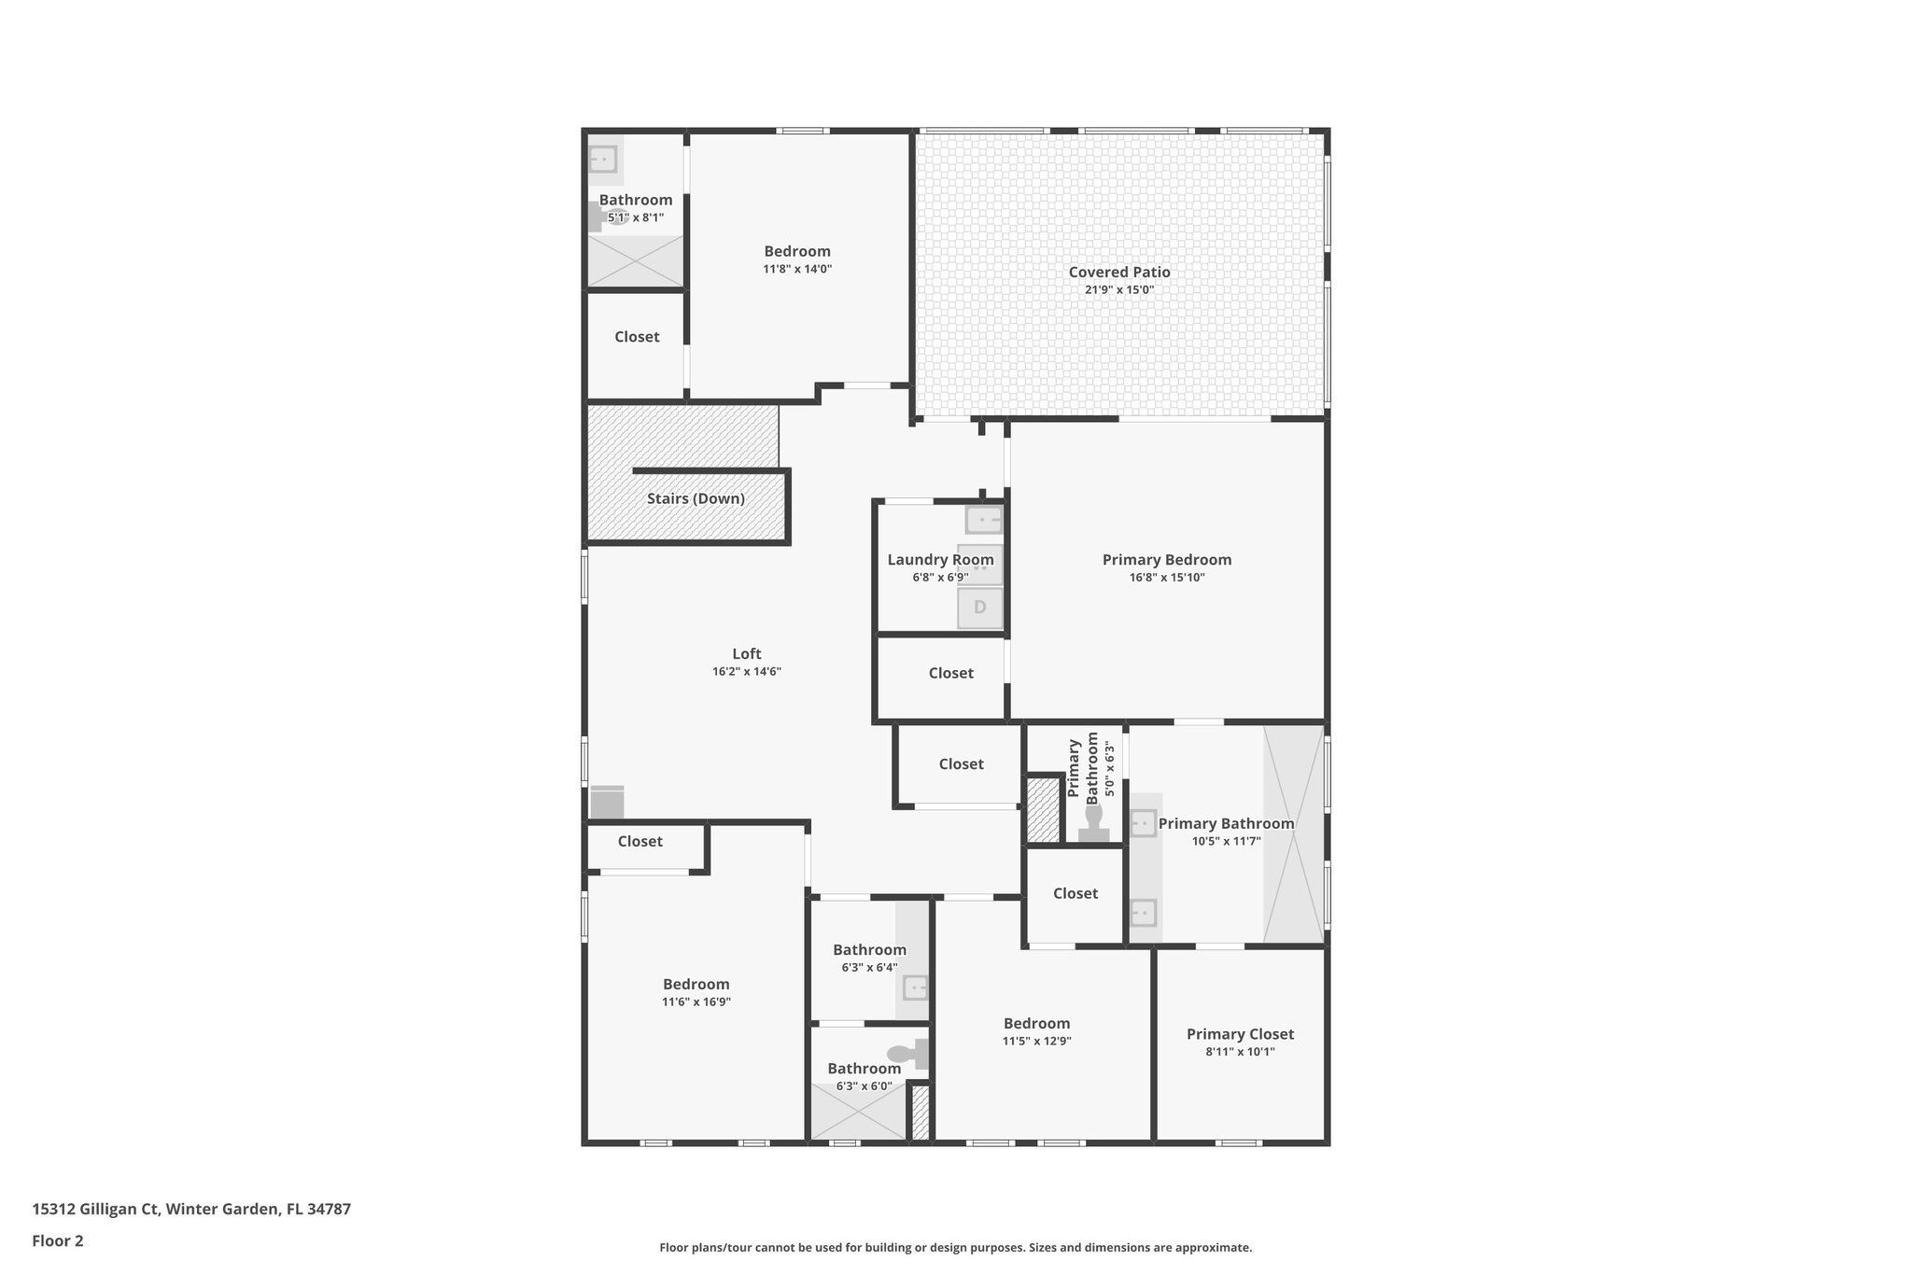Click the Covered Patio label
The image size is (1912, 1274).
coord(1118,272)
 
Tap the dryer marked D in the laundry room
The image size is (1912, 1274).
coord(979,608)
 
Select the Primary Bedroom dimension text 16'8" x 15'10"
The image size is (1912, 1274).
coord(1166,578)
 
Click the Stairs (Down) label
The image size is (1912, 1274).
coord(696,498)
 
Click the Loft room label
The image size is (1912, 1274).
coord(746,653)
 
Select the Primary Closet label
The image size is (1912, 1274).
coord(1240,1033)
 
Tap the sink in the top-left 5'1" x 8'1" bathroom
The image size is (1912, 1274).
coord(603,160)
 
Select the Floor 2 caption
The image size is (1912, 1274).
coord(58,1240)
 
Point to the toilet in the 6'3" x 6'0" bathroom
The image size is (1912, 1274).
coord(902,1054)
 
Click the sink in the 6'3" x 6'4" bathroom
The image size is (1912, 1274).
coord(916,987)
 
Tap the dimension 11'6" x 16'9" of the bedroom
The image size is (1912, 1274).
coord(696,1001)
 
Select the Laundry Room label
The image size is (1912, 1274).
coord(940,559)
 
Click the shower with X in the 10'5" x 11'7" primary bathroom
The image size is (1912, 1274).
coord(1293,833)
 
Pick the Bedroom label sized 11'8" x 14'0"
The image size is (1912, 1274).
coord(796,251)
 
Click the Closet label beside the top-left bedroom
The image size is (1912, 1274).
coord(637,337)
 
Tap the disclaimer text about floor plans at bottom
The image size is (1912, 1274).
coord(955,1247)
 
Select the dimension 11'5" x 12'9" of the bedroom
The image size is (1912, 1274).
coord(1036,1041)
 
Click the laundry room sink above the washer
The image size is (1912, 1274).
coord(983,519)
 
